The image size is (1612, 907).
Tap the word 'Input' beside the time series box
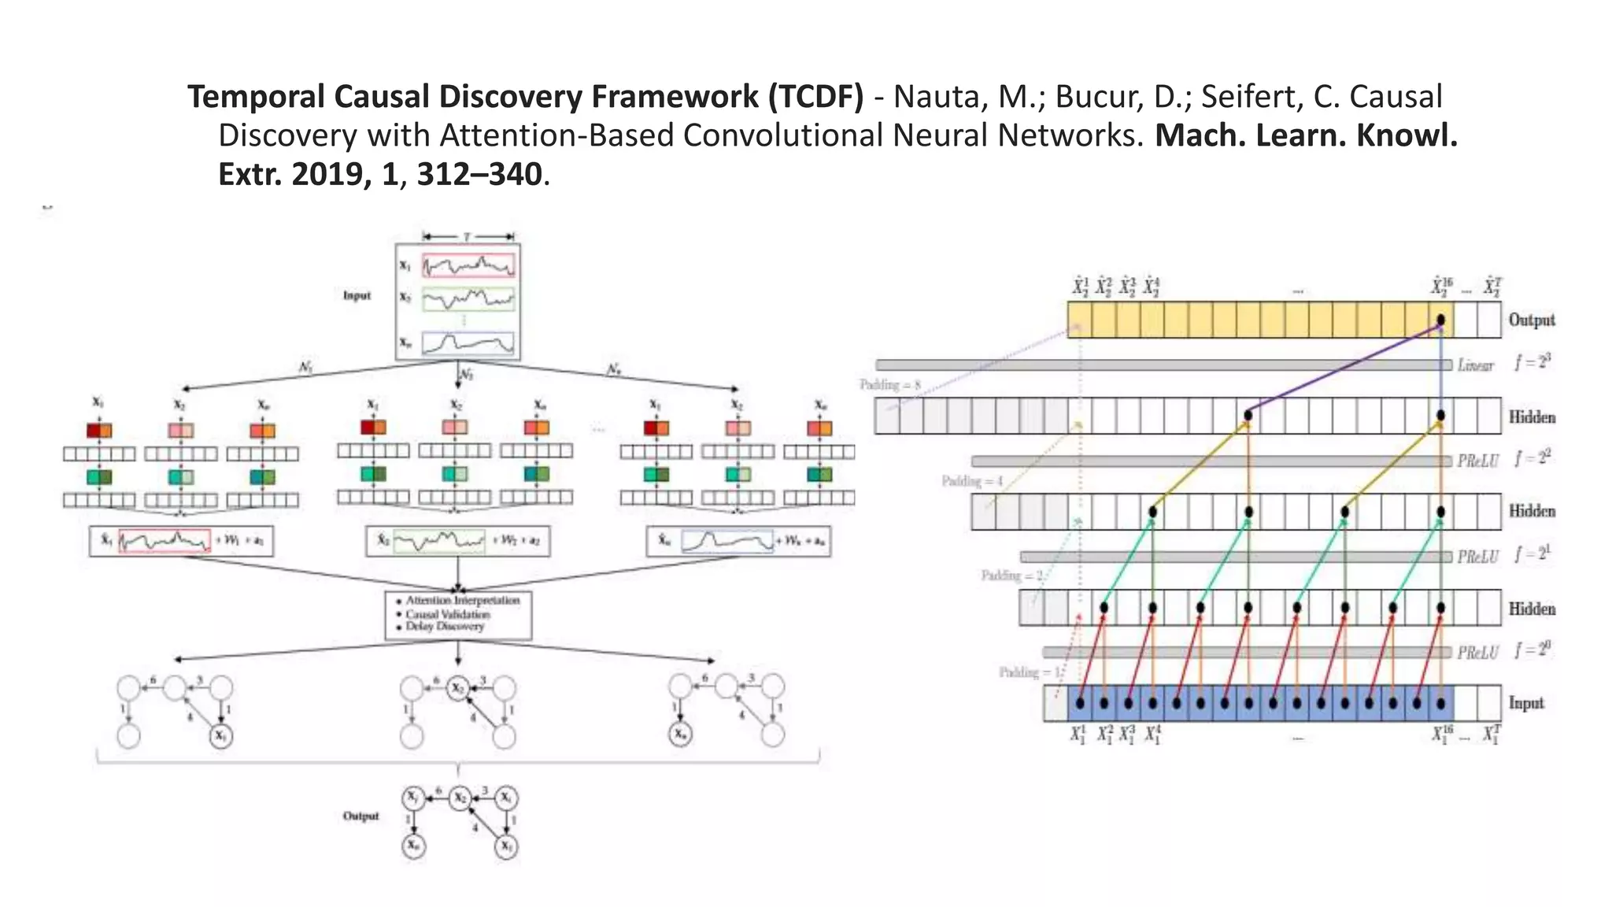(357, 296)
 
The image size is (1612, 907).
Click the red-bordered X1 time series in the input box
(468, 265)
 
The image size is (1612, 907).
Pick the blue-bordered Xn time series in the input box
(468, 343)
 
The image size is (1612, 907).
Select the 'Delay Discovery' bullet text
(445, 627)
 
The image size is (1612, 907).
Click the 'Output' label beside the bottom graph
(360, 816)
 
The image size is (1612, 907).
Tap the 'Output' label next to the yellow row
(1531, 320)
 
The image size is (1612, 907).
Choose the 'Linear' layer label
(1475, 365)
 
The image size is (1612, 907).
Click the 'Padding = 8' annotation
(889, 385)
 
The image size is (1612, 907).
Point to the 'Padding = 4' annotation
(972, 481)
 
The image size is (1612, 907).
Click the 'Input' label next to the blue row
(1525, 703)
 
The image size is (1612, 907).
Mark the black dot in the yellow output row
(1440, 320)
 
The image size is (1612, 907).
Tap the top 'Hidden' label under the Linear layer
(1532, 416)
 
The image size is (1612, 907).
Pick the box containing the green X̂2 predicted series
(457, 541)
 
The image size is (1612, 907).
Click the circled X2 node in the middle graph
(457, 688)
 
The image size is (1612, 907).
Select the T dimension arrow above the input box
(468, 236)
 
